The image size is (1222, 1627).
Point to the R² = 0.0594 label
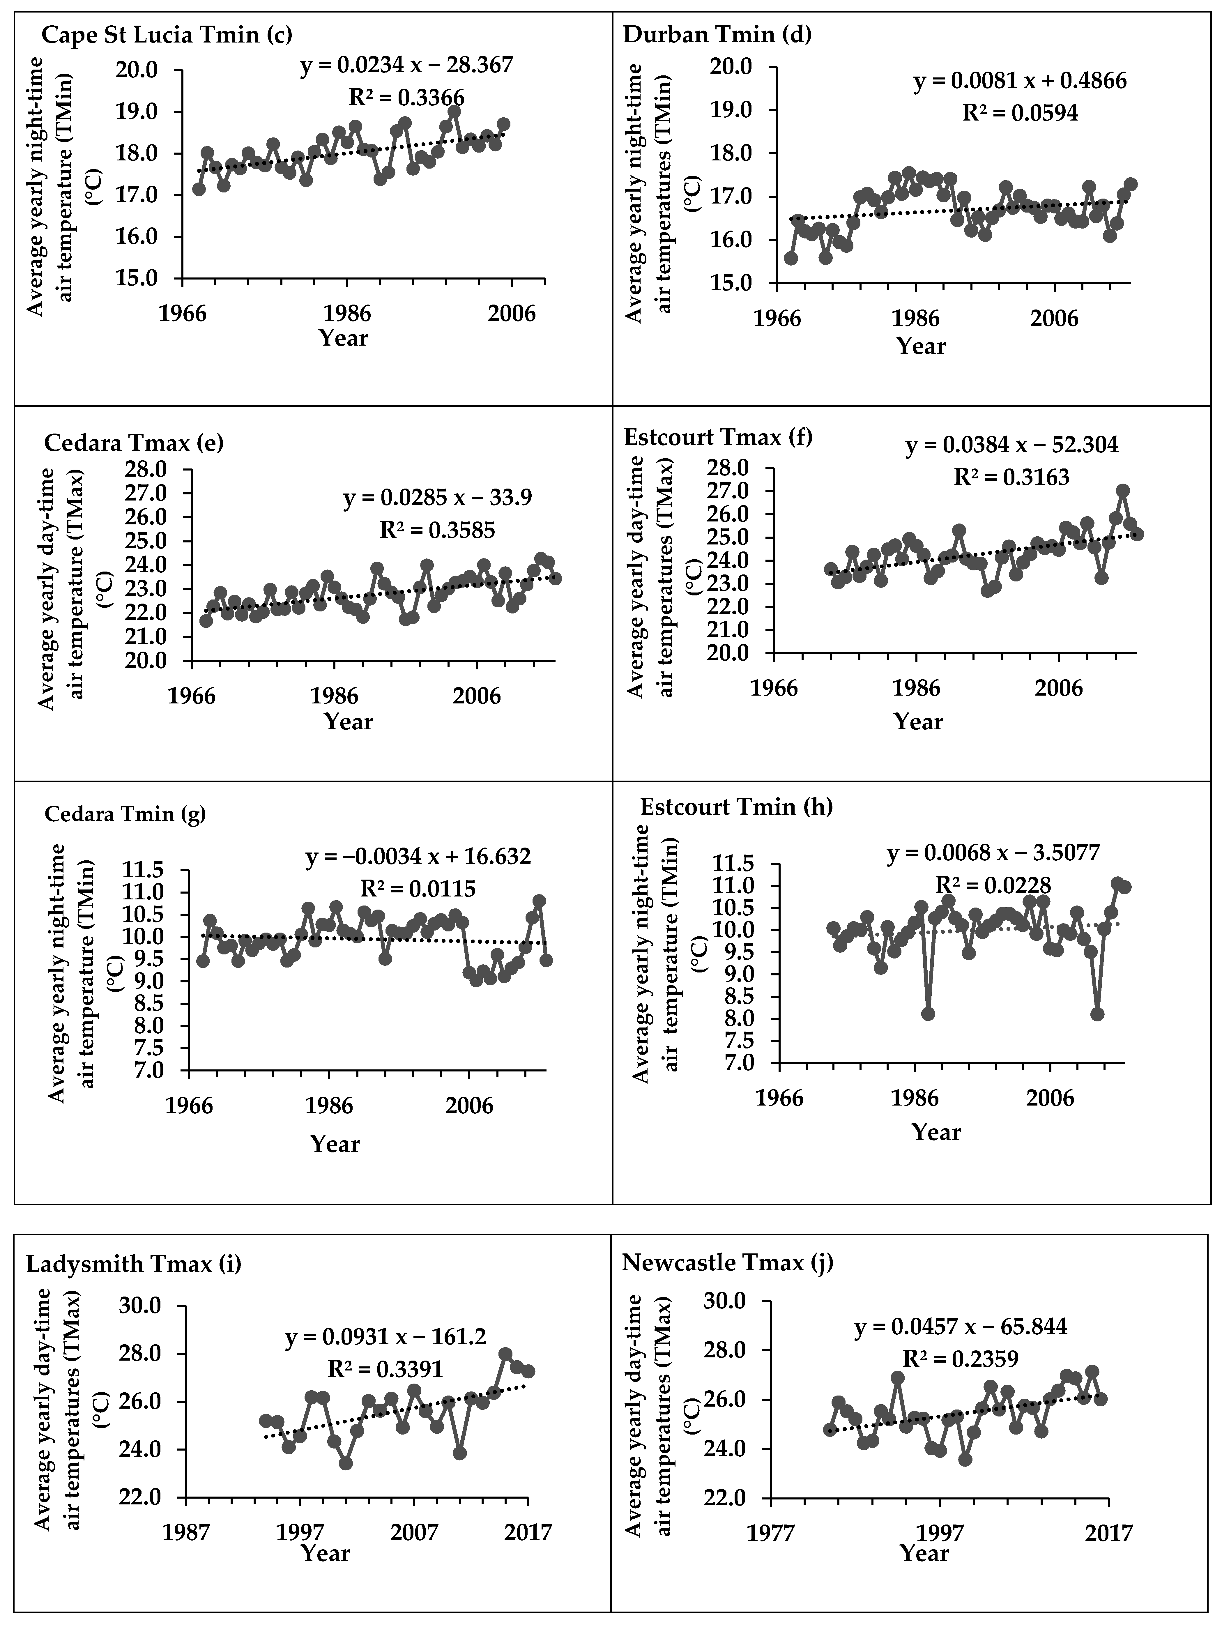[1021, 112]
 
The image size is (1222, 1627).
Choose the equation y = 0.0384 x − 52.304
[1011, 445]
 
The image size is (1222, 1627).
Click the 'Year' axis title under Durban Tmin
[920, 346]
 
